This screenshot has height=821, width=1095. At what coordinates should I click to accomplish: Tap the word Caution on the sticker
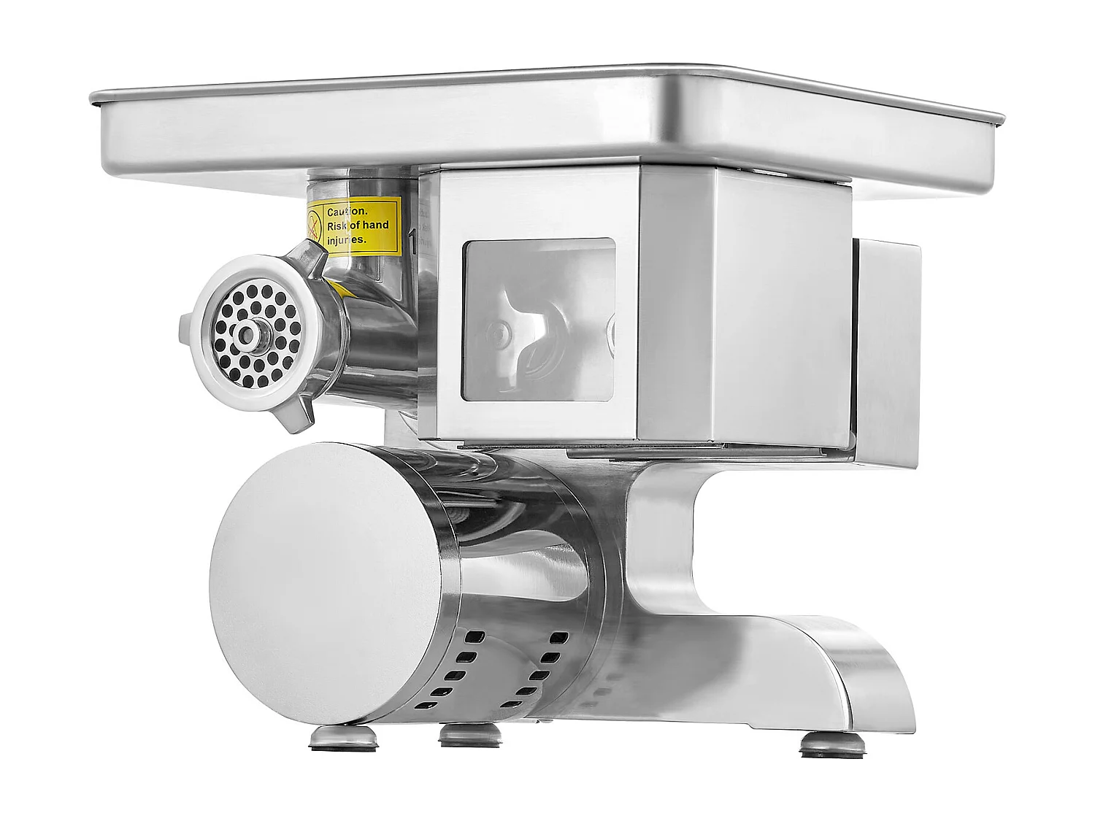347,212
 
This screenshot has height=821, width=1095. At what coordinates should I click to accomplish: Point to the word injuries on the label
350,239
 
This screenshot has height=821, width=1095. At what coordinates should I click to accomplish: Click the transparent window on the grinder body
539,320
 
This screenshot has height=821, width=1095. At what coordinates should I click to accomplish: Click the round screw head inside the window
499,332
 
